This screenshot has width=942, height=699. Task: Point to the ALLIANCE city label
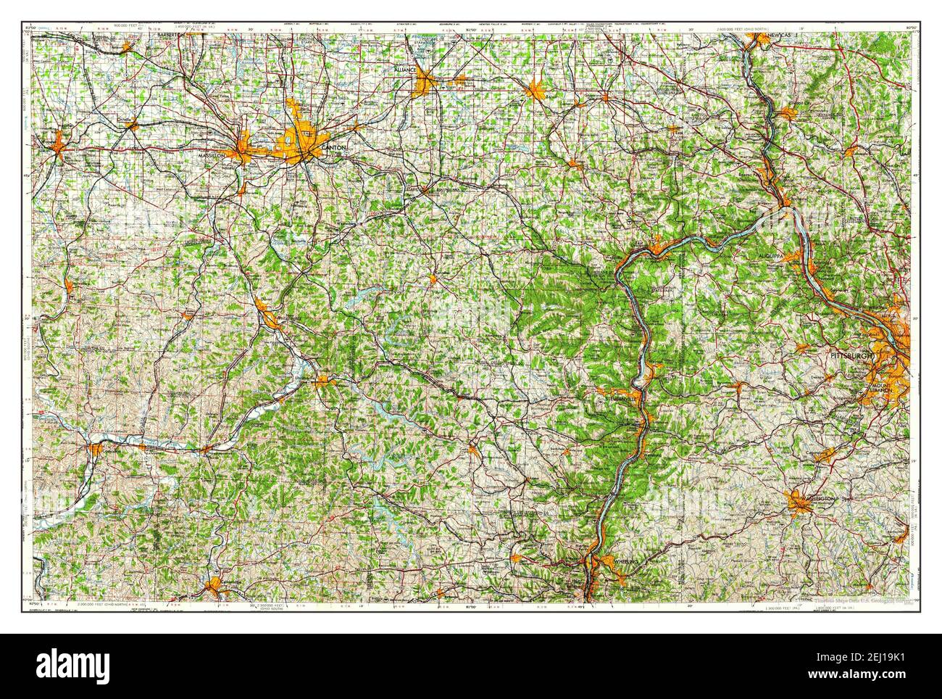(405, 69)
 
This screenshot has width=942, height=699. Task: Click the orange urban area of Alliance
(425, 86)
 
